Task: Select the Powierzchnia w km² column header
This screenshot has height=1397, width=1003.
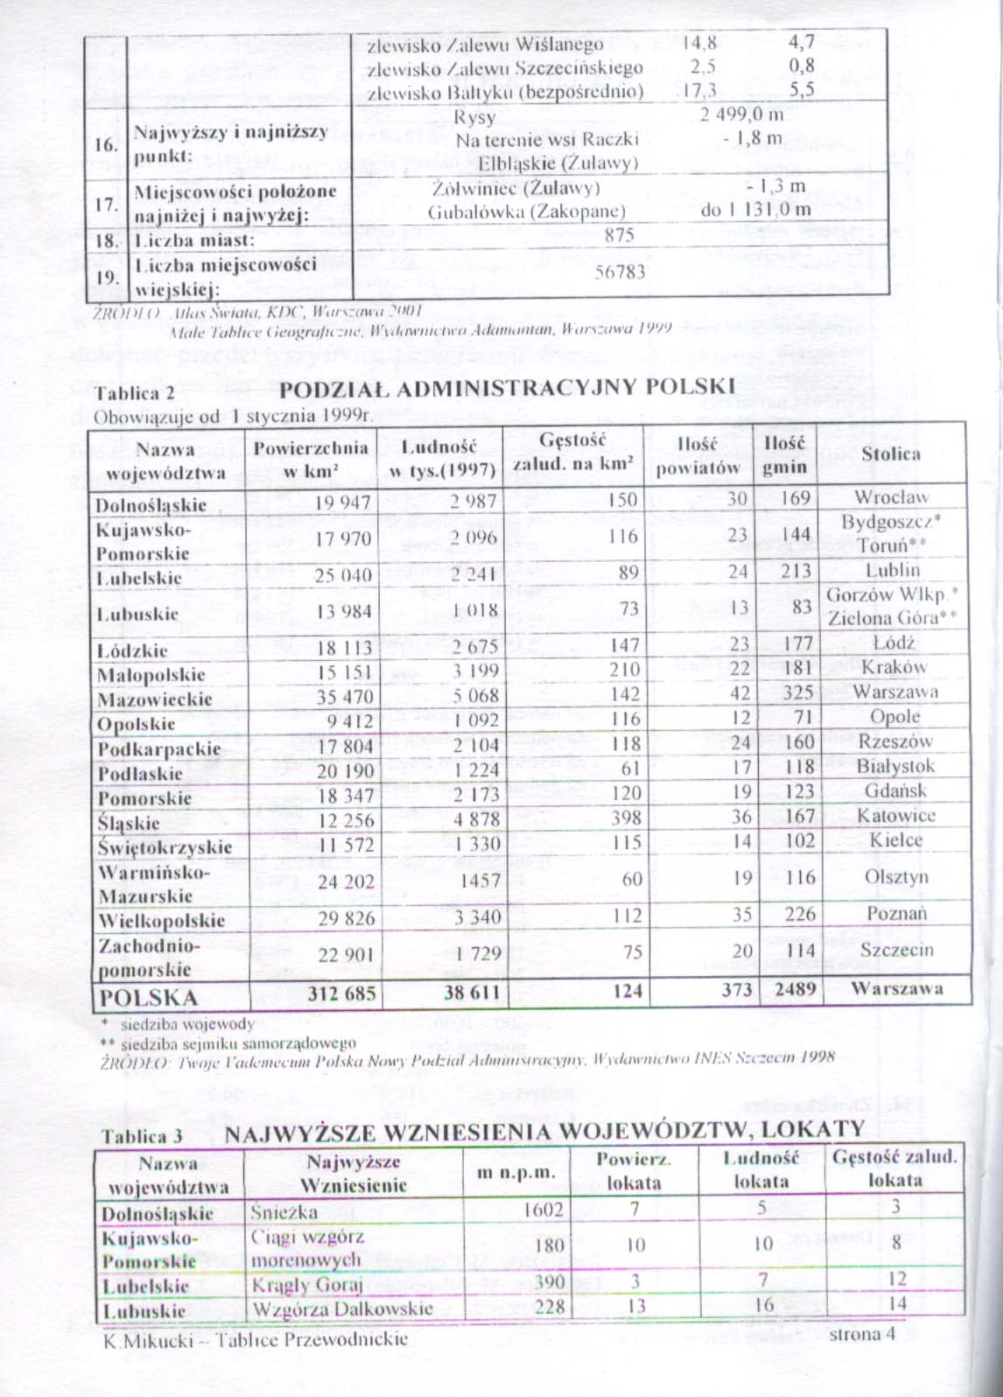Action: pyautogui.click(x=311, y=459)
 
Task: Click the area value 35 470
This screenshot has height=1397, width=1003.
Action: pyautogui.click(x=344, y=698)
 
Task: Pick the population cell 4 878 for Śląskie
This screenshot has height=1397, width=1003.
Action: pyautogui.click(x=476, y=819)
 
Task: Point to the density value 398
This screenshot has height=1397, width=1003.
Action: pyautogui.click(x=625, y=818)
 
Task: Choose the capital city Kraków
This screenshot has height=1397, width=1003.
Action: pyautogui.click(x=894, y=667)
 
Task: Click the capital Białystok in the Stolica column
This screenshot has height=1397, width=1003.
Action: pyautogui.click(x=895, y=766)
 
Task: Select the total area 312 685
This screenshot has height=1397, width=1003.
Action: pyautogui.click(x=341, y=993)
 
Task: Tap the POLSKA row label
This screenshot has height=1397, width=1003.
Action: pyautogui.click(x=149, y=997)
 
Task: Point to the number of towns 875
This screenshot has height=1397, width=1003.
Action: pyautogui.click(x=619, y=235)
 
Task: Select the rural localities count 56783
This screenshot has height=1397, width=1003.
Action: pyautogui.click(x=620, y=272)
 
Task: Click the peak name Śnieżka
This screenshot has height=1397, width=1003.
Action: pyautogui.click(x=284, y=1212)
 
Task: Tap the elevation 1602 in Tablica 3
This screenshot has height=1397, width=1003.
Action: pyautogui.click(x=543, y=1210)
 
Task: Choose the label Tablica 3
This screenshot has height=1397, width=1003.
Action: pyautogui.click(x=141, y=1136)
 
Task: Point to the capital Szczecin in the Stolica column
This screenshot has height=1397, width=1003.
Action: pyautogui.click(x=896, y=950)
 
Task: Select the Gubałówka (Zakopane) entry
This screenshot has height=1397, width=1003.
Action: pyautogui.click(x=526, y=211)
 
